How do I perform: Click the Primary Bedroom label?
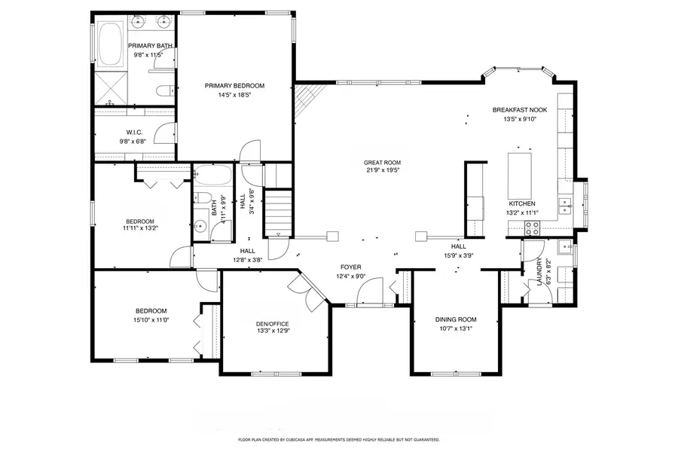click(x=234, y=86)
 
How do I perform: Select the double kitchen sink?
click(x=563, y=203)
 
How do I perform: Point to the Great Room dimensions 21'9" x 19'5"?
click(x=382, y=170)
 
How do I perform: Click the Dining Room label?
click(x=456, y=319)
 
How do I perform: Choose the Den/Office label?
click(x=273, y=324)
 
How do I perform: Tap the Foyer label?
click(x=350, y=267)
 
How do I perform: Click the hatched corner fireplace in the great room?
click(x=306, y=99)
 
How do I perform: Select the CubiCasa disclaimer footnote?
click(x=339, y=439)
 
